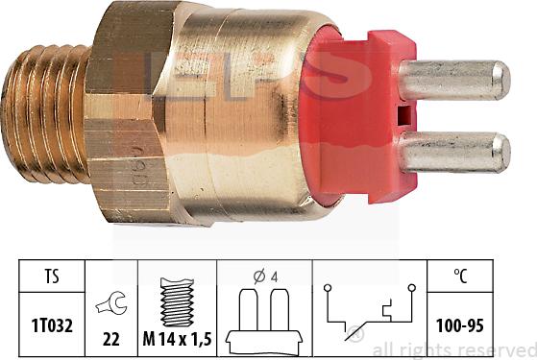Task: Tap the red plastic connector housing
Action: (365, 115)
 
